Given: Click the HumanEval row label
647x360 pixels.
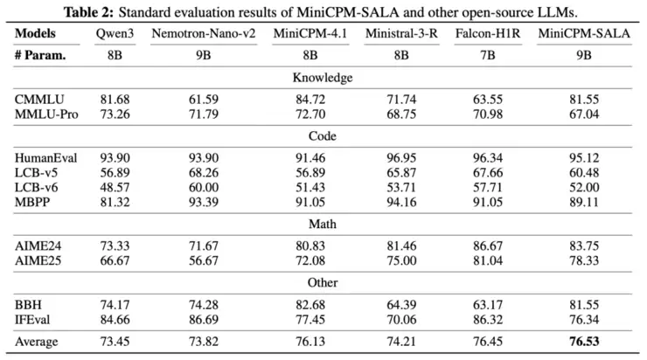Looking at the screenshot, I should (46, 157).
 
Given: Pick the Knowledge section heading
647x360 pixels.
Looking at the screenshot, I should (323, 78).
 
